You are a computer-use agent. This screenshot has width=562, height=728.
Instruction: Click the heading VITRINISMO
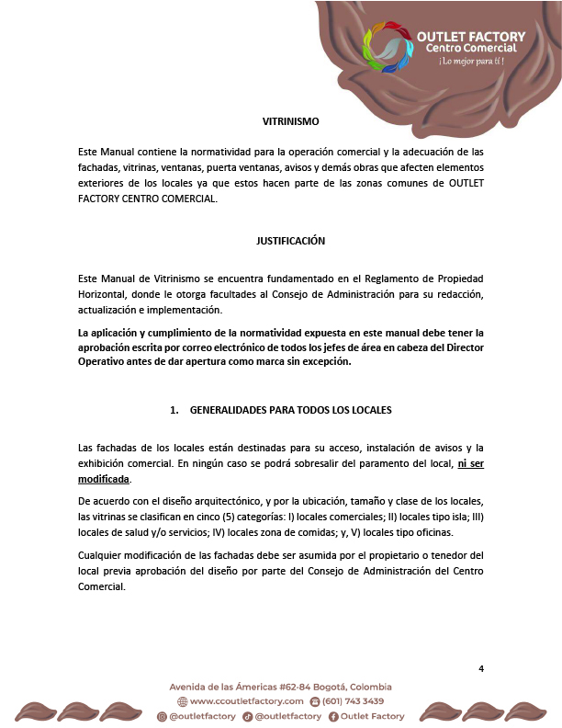(290, 120)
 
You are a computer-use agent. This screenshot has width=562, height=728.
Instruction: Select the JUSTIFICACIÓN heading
(290, 241)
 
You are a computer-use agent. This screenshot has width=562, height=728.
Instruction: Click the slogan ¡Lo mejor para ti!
(471, 62)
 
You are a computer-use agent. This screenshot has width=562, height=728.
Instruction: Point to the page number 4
(481, 668)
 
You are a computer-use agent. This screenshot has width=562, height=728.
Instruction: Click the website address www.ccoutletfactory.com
(247, 701)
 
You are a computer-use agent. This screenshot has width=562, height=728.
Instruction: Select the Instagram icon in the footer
(162, 716)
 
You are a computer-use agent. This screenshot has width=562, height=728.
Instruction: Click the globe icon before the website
(182, 701)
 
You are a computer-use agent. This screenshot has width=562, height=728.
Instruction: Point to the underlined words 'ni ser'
(471, 464)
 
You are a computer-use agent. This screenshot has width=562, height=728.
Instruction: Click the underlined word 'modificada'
(105, 480)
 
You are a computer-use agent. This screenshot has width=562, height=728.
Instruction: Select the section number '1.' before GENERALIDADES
(174, 409)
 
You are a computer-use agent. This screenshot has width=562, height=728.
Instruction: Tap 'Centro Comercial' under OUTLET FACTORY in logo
(470, 48)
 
